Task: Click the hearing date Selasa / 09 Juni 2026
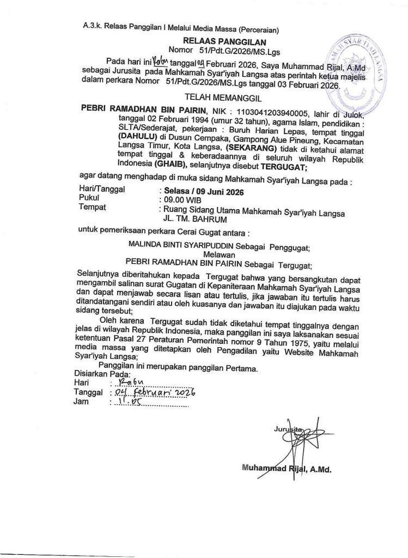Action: (x=200, y=193)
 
